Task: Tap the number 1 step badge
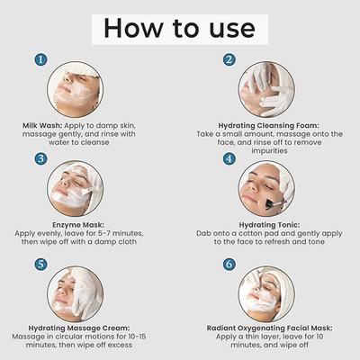41,59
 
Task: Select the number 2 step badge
230,60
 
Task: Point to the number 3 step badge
41,159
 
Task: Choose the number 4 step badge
230,159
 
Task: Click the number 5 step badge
41,265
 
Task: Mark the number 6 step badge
230,265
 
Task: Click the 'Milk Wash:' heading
46,125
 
